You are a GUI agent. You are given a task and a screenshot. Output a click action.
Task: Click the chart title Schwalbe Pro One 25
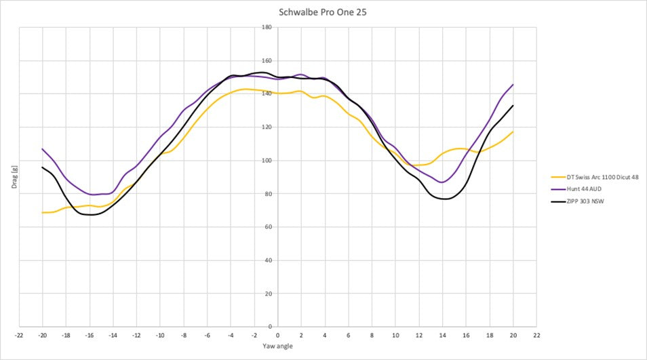[x=323, y=12]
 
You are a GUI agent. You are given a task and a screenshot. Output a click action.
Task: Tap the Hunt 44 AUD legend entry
[x=580, y=189]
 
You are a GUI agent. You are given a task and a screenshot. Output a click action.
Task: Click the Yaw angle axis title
[x=277, y=346]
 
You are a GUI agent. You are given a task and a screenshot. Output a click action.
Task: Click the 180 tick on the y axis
[x=267, y=27]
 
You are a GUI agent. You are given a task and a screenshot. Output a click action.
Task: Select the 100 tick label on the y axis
[x=267, y=161]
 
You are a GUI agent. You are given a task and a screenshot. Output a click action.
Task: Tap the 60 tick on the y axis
[x=268, y=227]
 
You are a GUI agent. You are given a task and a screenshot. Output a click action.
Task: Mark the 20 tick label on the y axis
[x=268, y=294]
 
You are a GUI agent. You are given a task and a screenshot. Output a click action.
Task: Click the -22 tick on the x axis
[x=19, y=335]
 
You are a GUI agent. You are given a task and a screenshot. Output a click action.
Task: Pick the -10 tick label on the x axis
[x=159, y=335]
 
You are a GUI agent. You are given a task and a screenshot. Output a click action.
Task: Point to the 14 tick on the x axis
[x=442, y=335]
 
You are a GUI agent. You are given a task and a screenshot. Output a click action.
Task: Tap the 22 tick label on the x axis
[x=536, y=335]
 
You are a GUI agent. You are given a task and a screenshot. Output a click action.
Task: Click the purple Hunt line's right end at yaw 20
[x=513, y=85]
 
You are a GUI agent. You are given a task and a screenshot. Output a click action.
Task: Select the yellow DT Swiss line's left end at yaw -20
[x=42, y=213]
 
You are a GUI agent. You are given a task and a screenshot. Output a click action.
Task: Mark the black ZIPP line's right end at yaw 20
[x=513, y=106]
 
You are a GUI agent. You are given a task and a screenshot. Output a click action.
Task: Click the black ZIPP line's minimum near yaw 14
[x=444, y=199]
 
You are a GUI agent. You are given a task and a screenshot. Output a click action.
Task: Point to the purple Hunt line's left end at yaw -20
[x=42, y=149]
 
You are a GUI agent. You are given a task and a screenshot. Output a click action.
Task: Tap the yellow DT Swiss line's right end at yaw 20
[x=513, y=132]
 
